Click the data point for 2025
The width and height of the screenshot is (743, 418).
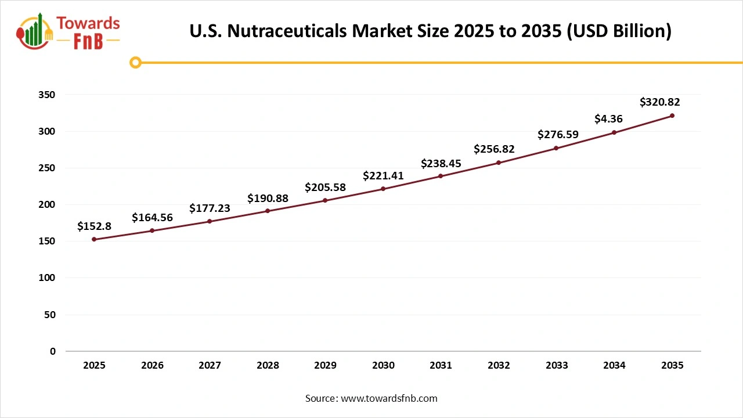tap(94, 239)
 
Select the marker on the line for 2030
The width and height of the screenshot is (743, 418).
tap(383, 189)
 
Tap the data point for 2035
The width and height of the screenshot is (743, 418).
tap(672, 116)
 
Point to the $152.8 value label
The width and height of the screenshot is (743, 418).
tap(94, 226)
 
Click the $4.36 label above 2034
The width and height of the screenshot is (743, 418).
tap(608, 119)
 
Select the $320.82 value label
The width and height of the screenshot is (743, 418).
tap(659, 102)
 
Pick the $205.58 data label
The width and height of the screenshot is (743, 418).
tap(325, 188)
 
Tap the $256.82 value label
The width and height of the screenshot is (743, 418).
tap(494, 149)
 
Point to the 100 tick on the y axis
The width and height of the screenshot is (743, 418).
tap(49, 278)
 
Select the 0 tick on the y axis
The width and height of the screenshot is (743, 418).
tap(53, 351)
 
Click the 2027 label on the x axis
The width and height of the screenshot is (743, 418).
tap(210, 366)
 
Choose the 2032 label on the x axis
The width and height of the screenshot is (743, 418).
tap(499, 366)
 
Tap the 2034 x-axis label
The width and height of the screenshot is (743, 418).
tap(614, 366)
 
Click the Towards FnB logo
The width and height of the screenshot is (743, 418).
tap(68, 31)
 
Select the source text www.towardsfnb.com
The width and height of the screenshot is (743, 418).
tap(389, 398)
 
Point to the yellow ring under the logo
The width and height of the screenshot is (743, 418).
tap(135, 62)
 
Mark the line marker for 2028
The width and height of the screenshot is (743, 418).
tap(268, 211)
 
